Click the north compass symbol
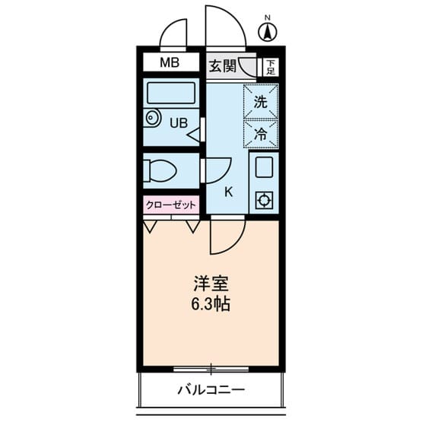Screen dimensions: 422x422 coord(267,32)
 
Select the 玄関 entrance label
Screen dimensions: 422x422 coord(222,65)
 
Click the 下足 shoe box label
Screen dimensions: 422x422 coord(269,67)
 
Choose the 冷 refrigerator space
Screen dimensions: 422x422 coord(261,134)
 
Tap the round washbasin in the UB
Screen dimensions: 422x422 coord(154,119)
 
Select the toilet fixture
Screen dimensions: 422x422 coord(160,170)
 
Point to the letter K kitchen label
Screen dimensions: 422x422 coord(228,191)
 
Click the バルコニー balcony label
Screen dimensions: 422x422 coord(211,392)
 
